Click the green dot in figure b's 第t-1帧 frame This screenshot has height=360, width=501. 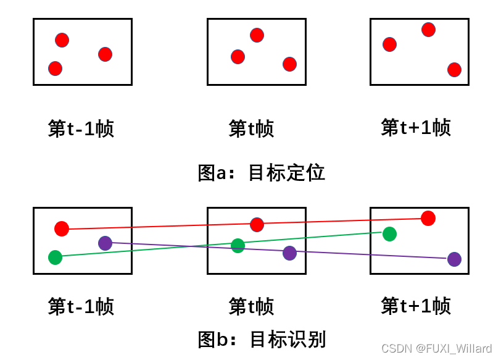pyautogui.click(x=55, y=257)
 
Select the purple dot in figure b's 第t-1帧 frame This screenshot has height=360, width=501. pyautogui.click(x=106, y=243)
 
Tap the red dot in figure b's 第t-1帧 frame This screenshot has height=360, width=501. pyautogui.click(x=62, y=229)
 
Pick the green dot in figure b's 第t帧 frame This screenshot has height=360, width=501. pyautogui.click(x=238, y=246)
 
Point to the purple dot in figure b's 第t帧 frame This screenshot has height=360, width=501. pyautogui.click(x=289, y=253)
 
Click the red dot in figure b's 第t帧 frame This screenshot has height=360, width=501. pyautogui.click(x=257, y=225)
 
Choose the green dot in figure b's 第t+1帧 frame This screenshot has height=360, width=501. pyautogui.click(x=389, y=234)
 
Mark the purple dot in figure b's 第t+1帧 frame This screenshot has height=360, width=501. pyautogui.click(x=454, y=259)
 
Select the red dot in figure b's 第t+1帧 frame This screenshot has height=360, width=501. pyautogui.click(x=428, y=218)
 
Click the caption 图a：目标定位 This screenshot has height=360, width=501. pyautogui.click(x=261, y=173)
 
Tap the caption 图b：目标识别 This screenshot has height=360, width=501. pyautogui.click(x=261, y=339)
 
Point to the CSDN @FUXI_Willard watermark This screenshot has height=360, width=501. pyautogui.click(x=436, y=349)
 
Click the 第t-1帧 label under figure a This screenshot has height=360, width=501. pyautogui.click(x=81, y=128)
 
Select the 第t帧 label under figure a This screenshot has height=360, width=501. pyautogui.click(x=251, y=128)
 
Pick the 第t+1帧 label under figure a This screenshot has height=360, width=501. pyautogui.click(x=416, y=127)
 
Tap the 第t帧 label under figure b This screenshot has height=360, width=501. pyautogui.click(x=251, y=306)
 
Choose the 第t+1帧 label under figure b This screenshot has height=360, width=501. pyautogui.click(x=416, y=305)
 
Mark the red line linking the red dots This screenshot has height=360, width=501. pyautogui.click(x=339, y=220)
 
